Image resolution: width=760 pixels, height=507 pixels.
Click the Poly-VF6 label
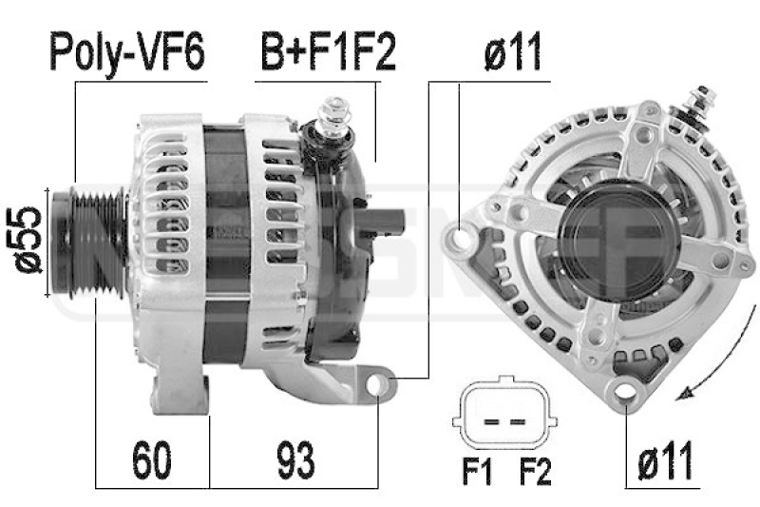point(126,54)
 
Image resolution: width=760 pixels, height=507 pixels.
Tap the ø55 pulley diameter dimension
point(30,239)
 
